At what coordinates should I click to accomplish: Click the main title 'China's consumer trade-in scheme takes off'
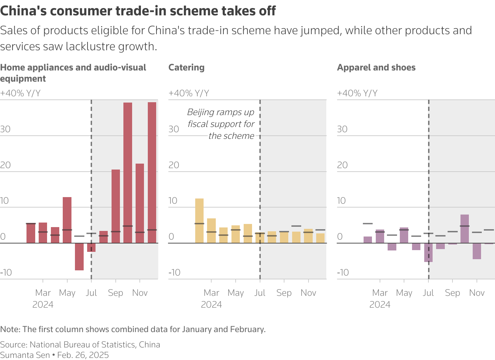(138, 11)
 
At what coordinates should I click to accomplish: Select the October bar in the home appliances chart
(128, 173)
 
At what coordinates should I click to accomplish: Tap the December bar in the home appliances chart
(152, 173)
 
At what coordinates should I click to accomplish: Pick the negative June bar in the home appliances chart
(79, 256)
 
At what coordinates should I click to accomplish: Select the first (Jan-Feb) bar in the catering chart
(199, 220)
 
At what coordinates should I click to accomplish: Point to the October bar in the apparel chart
(464, 229)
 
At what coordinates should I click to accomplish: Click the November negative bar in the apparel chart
(477, 251)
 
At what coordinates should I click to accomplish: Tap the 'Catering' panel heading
(186, 67)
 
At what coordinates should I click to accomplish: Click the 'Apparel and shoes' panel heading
(376, 67)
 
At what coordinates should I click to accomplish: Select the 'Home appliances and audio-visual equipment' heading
(73, 73)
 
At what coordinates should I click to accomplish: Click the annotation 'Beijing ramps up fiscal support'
(221, 124)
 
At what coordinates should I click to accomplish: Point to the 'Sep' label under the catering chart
(284, 293)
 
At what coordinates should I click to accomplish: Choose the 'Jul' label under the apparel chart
(428, 293)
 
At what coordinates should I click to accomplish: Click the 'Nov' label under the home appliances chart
(140, 293)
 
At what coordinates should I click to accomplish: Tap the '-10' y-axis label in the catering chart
(174, 272)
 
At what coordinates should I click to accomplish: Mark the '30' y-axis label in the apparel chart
(342, 129)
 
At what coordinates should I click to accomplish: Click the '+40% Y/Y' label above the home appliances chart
(20, 93)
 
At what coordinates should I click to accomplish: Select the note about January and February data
(133, 329)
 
